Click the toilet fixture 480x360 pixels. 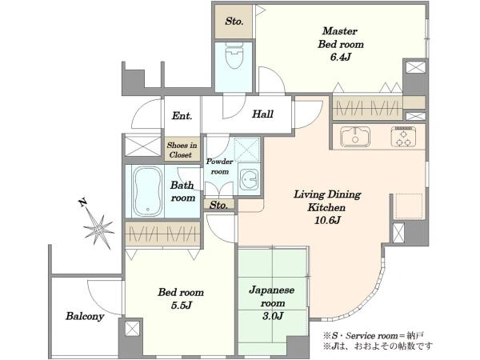pos(234,56)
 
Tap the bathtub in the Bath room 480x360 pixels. pos(147,191)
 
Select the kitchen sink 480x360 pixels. pos(355,137)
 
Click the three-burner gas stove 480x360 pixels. pos(403,137)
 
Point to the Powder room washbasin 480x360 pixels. pos(248,180)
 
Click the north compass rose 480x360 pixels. pos(98,225)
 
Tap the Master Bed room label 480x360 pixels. pos(341,38)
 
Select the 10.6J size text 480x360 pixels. pos(327,220)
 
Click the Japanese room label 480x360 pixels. pos(272,296)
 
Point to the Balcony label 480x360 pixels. pos(85,316)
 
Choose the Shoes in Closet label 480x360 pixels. pos(182,150)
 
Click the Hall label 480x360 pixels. pos(262,114)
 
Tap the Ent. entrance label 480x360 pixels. pos(182,116)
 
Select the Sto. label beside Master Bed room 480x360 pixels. pos(234,21)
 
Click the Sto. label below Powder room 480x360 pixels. pos(218,205)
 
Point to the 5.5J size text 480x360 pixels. pos(182,306)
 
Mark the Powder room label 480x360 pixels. pos(219,166)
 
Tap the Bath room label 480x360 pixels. pos(182,192)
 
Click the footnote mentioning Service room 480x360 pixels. pos(373,336)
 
